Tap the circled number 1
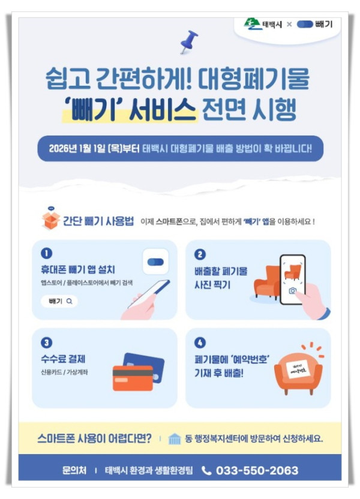coord(47,253)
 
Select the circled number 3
coord(47,342)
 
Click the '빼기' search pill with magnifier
coord(59,301)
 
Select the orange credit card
coord(133,377)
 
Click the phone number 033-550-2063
coord(257,470)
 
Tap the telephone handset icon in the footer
coord(206,470)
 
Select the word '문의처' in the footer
coord(75,470)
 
